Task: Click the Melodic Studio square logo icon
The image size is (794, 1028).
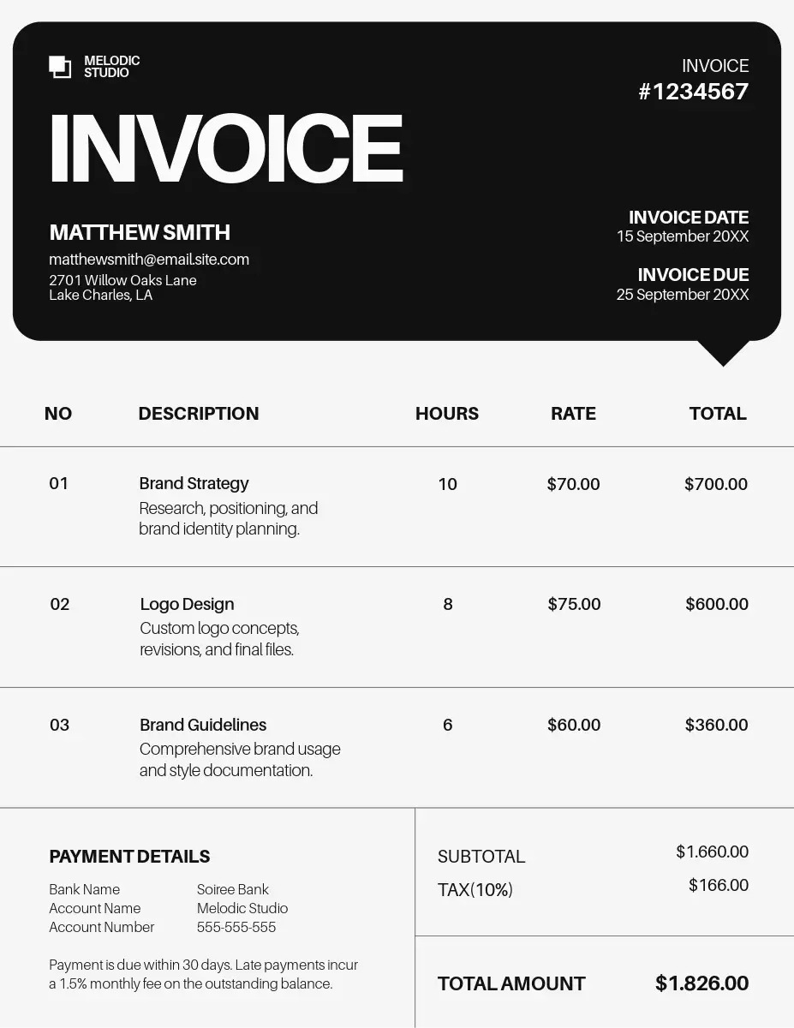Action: coord(60,67)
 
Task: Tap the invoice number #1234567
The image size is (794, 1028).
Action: coord(693,92)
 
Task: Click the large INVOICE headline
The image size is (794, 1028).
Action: coord(226,148)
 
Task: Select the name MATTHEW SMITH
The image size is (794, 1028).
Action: coord(140,232)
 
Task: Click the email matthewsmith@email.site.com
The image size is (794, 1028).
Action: coord(149,259)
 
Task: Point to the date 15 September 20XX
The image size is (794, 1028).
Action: coord(683,236)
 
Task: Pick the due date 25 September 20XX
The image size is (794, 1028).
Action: coord(683,295)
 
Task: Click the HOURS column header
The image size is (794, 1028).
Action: coord(446,414)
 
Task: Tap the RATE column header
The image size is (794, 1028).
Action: coord(573,414)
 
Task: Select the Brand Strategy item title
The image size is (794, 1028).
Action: coord(194,483)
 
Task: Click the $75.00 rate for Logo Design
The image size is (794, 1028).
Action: coord(574,604)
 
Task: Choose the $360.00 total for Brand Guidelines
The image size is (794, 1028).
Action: coord(716,725)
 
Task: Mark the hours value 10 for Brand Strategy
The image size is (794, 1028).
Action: coord(447,484)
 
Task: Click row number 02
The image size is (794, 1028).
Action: coord(59,604)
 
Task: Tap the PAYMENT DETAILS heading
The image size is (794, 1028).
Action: coord(129,857)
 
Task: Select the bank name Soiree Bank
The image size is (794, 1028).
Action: coord(232,889)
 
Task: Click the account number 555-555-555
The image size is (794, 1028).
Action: coord(236,927)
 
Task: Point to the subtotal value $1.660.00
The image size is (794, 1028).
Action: coord(712,852)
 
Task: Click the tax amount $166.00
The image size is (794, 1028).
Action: coord(718,885)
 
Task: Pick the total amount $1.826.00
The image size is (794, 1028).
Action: coord(701,983)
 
